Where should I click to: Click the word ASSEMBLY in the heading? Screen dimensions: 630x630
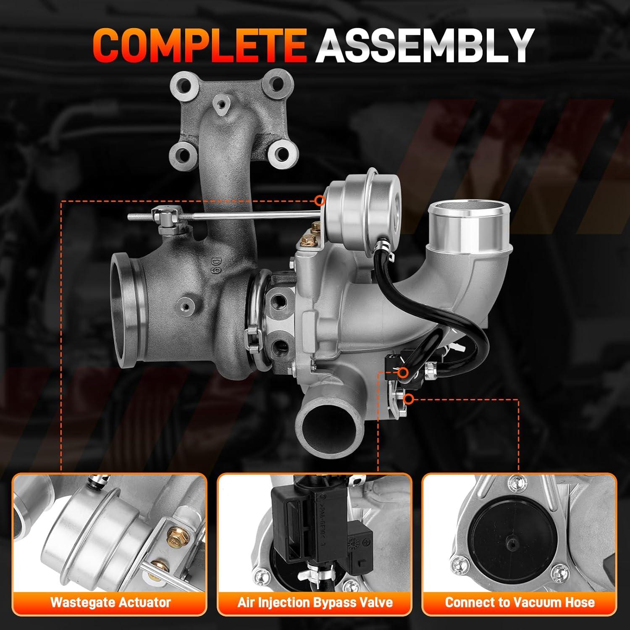pos(424,45)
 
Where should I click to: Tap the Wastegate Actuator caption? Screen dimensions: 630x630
pos(110,602)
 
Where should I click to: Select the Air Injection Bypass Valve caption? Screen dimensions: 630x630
pos(315,602)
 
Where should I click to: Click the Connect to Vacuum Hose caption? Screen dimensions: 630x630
pos(520,602)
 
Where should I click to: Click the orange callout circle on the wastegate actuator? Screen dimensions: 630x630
pos(320,200)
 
